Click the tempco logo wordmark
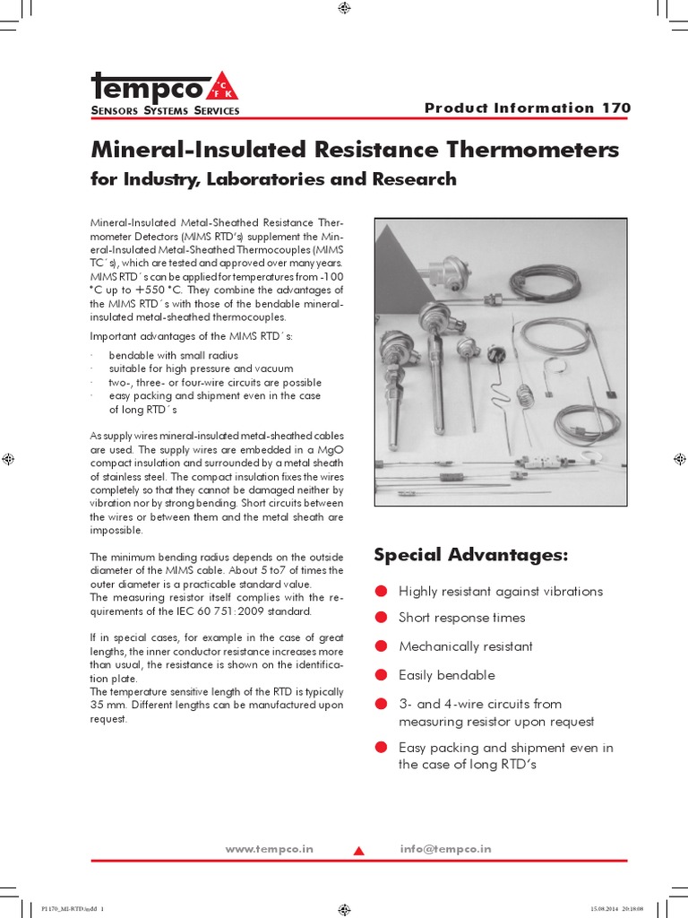click(148, 87)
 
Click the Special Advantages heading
click(470, 555)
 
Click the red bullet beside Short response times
click(381, 618)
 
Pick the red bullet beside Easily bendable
click(381, 675)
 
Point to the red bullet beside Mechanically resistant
click(381, 646)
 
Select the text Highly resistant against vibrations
click(500, 591)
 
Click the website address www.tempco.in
click(269, 849)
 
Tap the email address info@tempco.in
click(445, 849)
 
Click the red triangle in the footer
click(358, 851)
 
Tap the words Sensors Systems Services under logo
click(165, 110)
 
